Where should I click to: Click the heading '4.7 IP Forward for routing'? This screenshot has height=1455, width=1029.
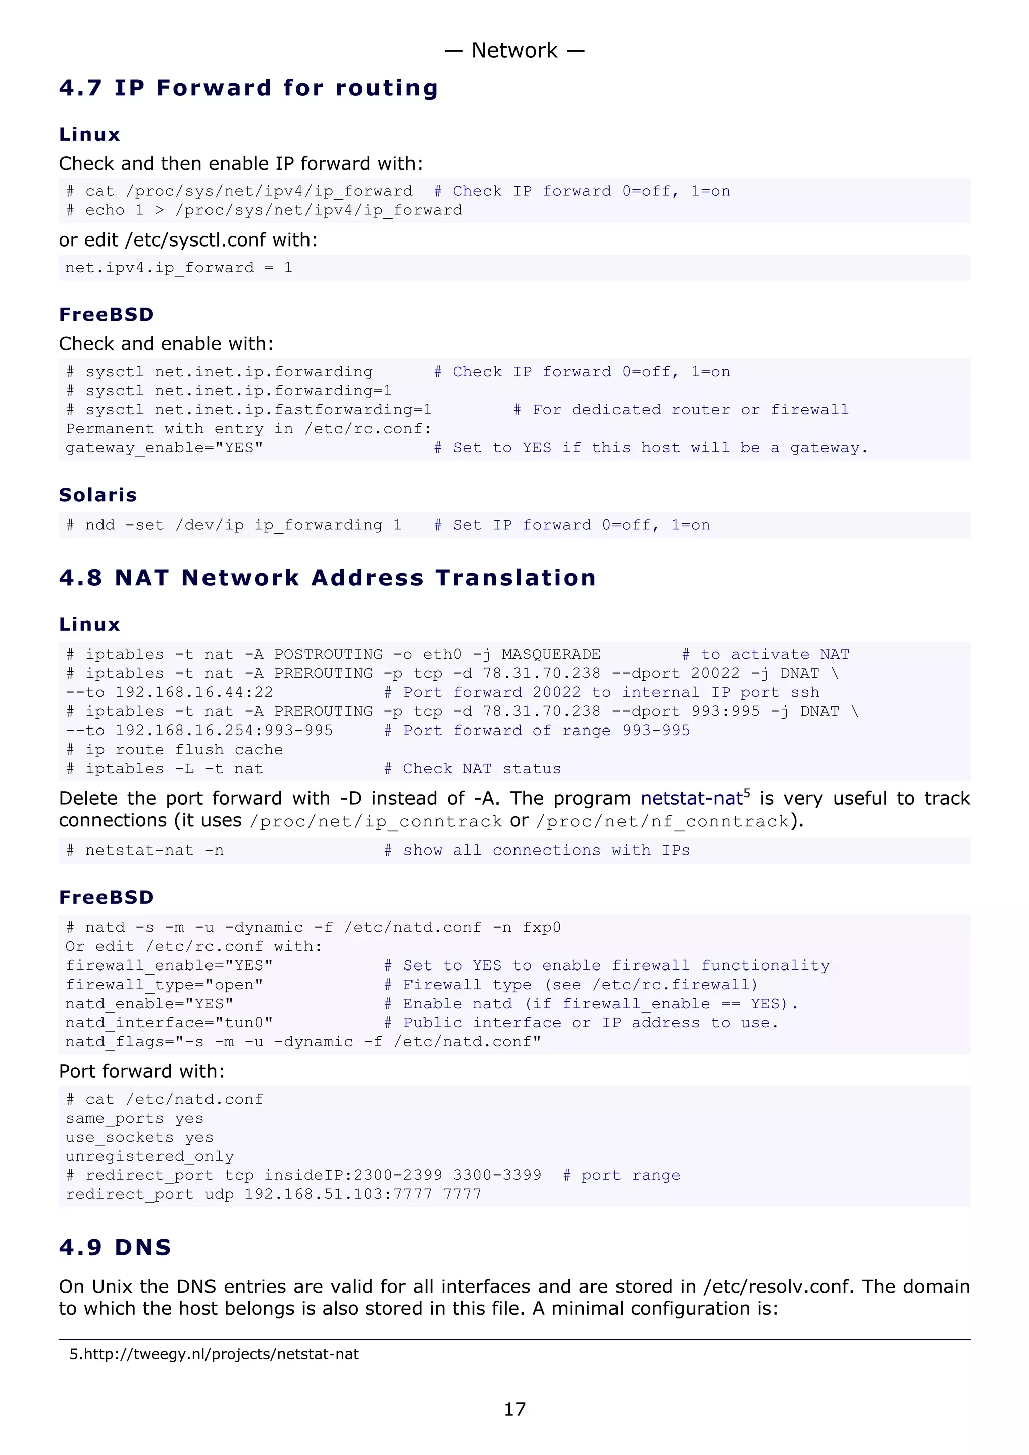249,88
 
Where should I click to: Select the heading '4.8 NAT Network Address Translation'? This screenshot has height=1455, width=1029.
327,578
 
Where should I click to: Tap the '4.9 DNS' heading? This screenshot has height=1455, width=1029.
116,1247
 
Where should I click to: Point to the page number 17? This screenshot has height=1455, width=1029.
514,1409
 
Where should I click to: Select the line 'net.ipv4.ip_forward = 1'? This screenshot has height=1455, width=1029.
179,268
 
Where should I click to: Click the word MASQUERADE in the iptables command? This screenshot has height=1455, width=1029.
551,654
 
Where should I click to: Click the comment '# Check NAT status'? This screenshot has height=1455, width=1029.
472,769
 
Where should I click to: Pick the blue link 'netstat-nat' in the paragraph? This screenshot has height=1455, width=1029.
691,798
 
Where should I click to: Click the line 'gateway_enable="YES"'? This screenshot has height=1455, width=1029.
164,448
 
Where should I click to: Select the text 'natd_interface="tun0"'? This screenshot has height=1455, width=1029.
169,1023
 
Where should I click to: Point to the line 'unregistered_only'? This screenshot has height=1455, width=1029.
150,1157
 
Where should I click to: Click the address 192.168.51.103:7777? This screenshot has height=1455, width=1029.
338,1194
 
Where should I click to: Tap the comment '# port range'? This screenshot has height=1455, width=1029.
622,1175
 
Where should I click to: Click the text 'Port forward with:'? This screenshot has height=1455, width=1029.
141,1071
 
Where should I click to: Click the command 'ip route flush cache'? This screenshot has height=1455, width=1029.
184,750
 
